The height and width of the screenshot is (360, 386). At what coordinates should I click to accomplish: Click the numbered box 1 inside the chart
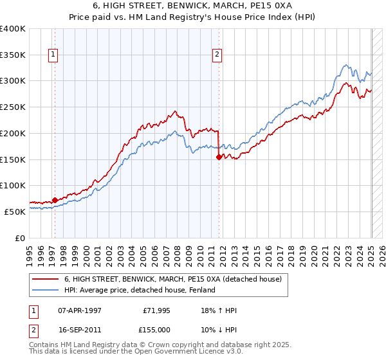(x=52, y=55)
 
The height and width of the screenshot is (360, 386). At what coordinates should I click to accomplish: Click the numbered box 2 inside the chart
(x=217, y=55)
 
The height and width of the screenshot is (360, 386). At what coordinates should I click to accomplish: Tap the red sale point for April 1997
(x=55, y=200)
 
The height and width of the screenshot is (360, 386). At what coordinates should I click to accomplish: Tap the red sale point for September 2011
(x=219, y=156)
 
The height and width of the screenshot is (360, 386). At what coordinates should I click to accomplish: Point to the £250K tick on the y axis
(x=14, y=107)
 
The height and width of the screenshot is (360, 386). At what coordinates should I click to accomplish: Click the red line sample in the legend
(x=45, y=280)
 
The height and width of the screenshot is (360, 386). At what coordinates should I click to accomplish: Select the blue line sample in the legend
(x=45, y=291)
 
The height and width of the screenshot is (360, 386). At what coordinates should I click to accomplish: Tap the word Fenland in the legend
(x=200, y=291)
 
